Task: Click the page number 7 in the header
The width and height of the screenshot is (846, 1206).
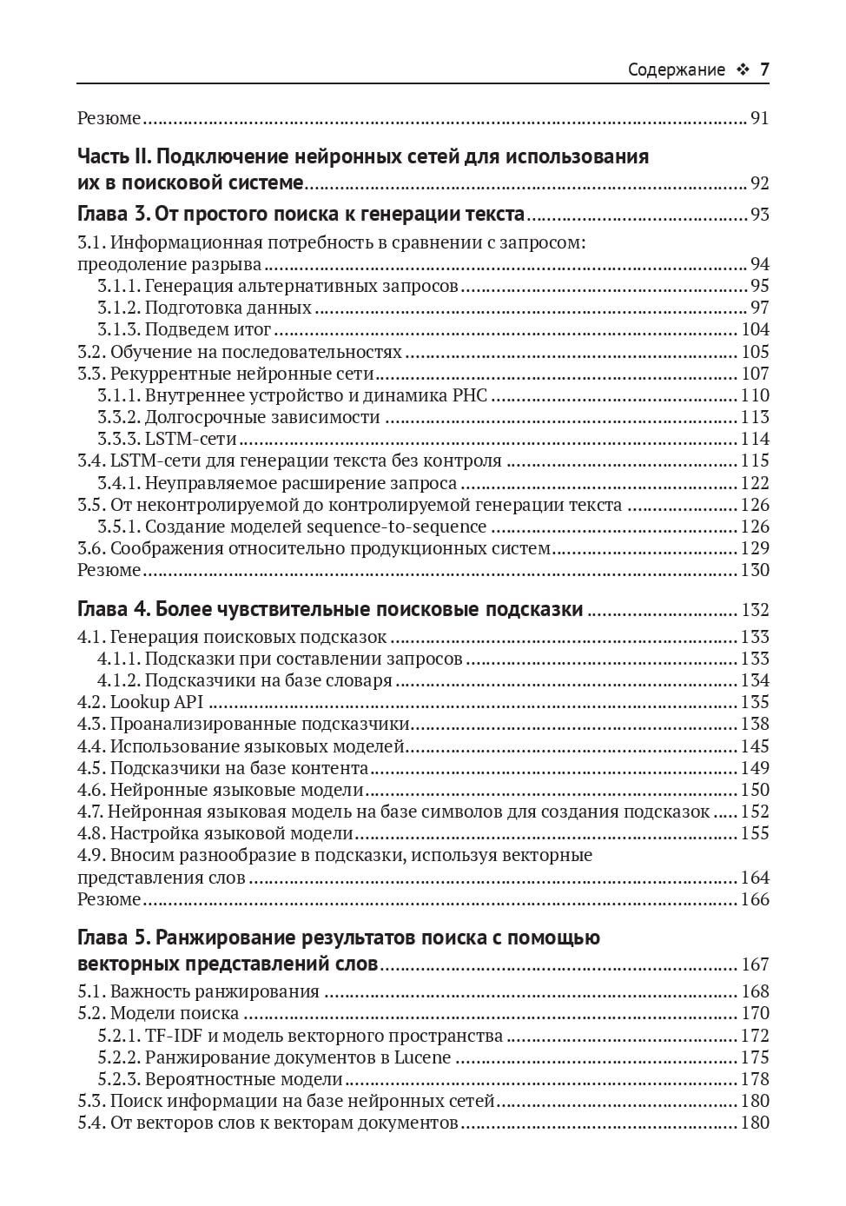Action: [x=764, y=70]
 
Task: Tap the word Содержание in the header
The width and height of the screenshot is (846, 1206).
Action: [x=676, y=70]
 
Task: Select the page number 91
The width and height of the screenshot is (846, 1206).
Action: [x=759, y=118]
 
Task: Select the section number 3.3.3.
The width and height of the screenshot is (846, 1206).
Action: [x=118, y=440]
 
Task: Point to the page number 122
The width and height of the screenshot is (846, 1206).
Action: [x=755, y=483]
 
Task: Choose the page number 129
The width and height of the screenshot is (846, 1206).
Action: [x=755, y=548]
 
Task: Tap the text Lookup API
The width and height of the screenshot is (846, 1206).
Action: [x=156, y=702]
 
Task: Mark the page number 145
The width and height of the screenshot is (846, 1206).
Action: [x=755, y=746]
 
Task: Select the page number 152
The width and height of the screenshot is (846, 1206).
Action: [x=755, y=812]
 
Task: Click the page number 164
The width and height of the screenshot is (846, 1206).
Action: [x=755, y=878]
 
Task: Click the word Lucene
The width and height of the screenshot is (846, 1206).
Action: [x=422, y=1057]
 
